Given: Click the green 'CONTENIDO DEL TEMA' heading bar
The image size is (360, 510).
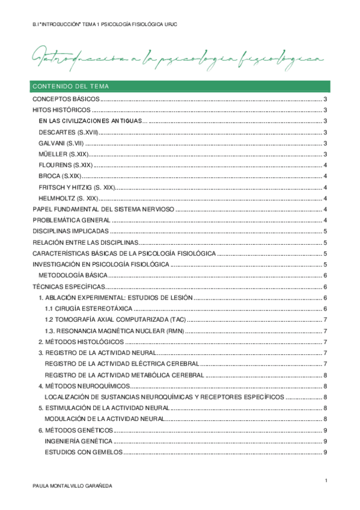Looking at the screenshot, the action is [180, 86].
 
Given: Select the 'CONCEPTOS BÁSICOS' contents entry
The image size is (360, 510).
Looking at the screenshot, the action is [66, 99].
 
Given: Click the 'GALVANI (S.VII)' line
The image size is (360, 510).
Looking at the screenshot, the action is [62, 143].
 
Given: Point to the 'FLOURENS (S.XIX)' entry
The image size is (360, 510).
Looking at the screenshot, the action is [65, 165].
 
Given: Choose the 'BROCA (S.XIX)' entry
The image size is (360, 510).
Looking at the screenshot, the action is [59, 176].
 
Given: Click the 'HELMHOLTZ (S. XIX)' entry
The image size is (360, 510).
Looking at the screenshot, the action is [68, 198].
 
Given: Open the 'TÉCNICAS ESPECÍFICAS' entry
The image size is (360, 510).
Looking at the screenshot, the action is [69, 286].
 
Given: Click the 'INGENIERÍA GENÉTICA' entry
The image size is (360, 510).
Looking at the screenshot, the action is [78, 441].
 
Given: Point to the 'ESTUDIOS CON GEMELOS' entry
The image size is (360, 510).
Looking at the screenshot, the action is [84, 452].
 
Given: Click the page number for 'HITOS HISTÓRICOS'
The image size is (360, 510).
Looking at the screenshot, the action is [325, 110].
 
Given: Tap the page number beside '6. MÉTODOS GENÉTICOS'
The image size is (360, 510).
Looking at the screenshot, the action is [325, 430].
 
